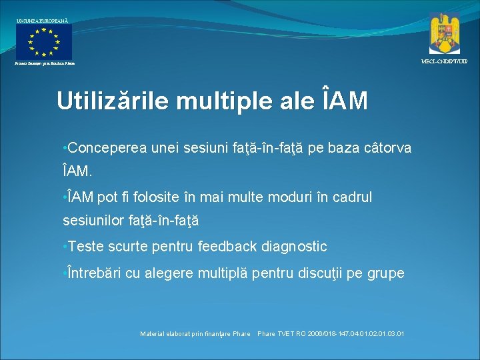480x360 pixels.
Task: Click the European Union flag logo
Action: coord(44,41)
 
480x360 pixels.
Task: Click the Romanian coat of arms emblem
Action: coord(444,33)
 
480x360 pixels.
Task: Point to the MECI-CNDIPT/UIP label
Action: coord(444,61)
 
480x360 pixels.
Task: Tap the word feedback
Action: coord(227,247)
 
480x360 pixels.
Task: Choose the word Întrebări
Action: coord(91,273)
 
